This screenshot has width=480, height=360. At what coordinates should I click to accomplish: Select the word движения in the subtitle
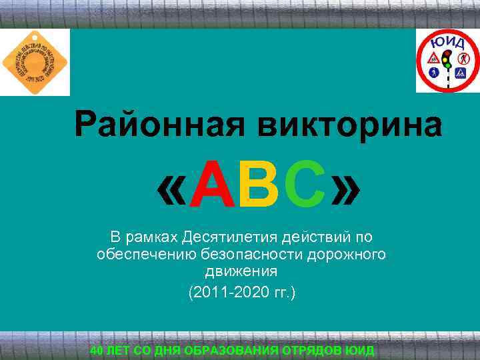click(241, 272)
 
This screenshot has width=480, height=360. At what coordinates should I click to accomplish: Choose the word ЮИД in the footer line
click(361, 351)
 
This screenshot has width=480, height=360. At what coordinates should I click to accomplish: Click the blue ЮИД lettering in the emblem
click(448, 41)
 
